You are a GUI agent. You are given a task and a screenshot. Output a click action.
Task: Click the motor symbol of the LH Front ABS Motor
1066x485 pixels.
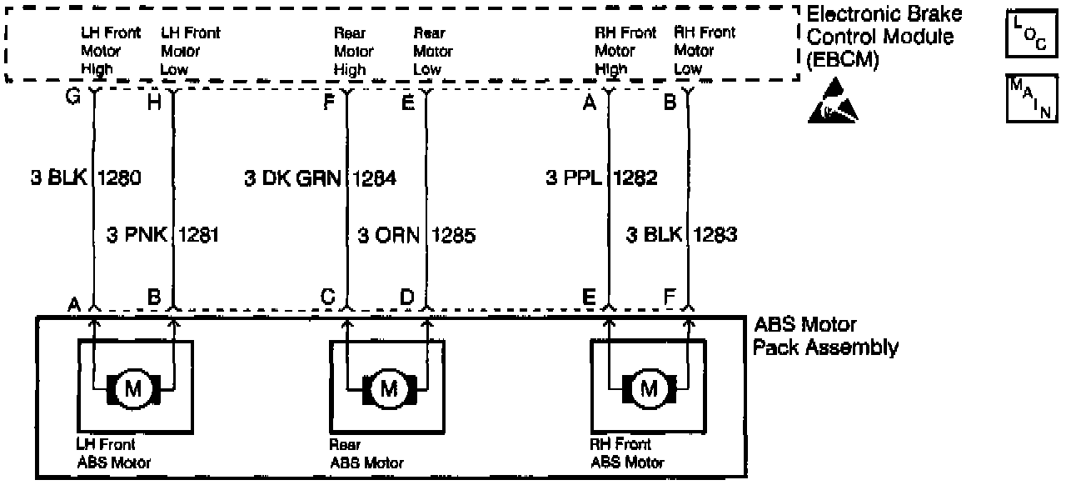[133, 387]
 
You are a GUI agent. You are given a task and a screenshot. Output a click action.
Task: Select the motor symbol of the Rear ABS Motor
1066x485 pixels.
[389, 387]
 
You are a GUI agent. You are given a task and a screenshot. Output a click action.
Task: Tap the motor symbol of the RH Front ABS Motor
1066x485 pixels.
[647, 387]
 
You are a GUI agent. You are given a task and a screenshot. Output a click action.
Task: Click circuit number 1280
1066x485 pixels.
[120, 177]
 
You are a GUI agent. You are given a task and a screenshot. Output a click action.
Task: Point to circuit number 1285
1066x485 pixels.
[454, 235]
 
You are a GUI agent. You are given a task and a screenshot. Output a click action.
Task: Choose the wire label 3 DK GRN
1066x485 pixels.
[294, 177]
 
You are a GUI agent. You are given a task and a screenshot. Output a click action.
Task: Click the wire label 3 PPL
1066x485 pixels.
[573, 177]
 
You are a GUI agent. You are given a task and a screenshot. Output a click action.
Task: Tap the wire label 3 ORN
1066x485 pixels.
[388, 235]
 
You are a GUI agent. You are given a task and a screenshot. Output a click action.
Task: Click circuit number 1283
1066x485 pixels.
[715, 235]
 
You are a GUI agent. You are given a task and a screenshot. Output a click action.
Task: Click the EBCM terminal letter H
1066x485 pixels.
[154, 102]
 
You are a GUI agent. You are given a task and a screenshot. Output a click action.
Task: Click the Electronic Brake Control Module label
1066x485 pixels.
[885, 37]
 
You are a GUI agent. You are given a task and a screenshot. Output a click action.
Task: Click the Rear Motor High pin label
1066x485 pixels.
[352, 52]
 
